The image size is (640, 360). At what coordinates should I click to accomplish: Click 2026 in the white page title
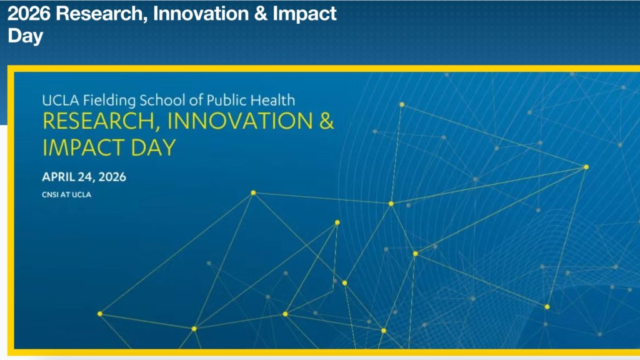pos(29,14)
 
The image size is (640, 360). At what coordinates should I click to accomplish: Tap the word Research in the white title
pos(102,14)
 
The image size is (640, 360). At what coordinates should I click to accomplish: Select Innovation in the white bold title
pos(201,14)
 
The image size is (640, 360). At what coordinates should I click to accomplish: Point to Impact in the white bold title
pos(304,15)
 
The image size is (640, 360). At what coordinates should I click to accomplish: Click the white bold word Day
pos(25,36)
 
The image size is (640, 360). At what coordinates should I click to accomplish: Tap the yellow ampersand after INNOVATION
pos(326,121)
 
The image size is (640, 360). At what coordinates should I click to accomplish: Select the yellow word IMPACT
pos(83,147)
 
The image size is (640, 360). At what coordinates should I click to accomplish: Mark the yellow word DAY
pos(153,147)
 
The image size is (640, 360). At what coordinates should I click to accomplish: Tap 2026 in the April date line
pos(112,177)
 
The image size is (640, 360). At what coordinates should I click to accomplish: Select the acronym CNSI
pos(50,195)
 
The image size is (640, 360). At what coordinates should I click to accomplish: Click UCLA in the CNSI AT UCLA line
pos(82,195)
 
